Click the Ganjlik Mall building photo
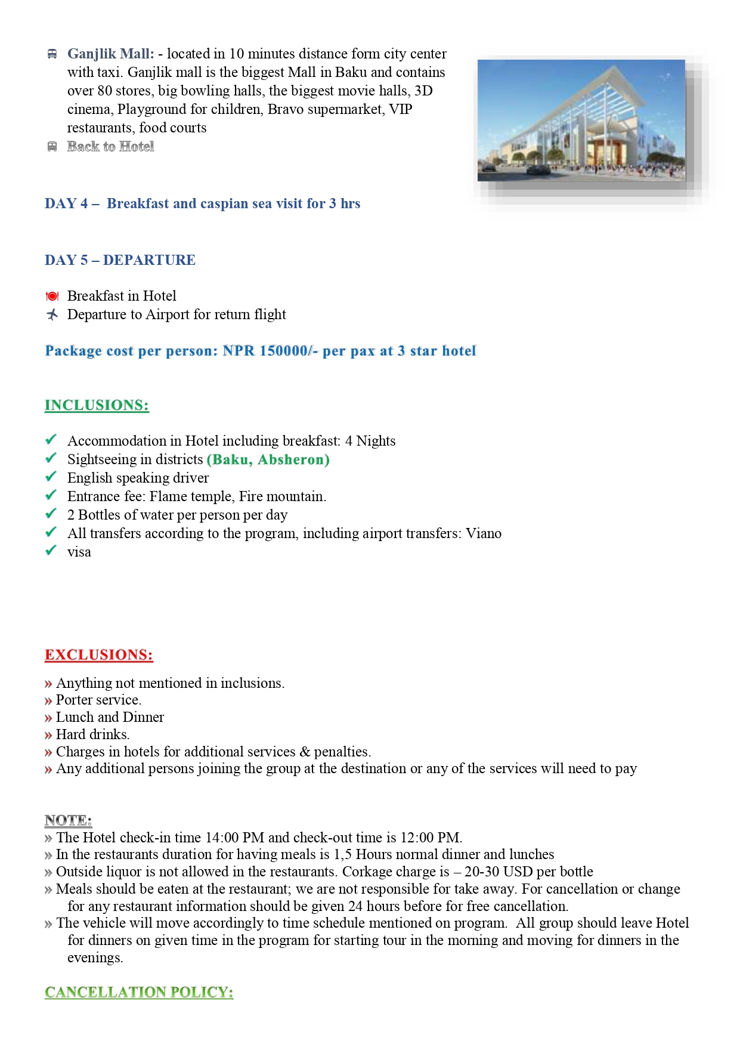pos(581,121)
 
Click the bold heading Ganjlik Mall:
pos(110,54)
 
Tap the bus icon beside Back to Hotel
pos(52,147)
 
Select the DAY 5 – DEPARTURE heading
pos(120,260)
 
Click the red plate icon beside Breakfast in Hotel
pos(52,297)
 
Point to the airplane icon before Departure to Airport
pos(52,314)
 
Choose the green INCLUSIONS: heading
pos(97,405)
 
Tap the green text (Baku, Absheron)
pos(268,459)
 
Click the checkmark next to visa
pos(51,551)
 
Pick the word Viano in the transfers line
pos(484,533)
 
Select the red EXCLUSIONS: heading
pos(99,654)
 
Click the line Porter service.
pos(98,700)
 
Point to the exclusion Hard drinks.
pos(92,734)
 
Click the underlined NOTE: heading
pos(68,820)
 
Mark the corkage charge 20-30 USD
pos(499,872)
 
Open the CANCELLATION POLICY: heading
pos(139,992)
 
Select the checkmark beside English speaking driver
pos(51,477)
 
